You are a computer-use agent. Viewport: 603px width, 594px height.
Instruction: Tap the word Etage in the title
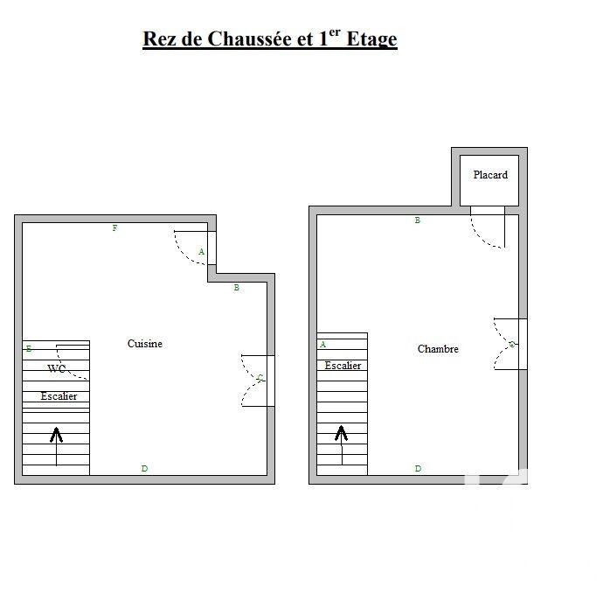(372, 39)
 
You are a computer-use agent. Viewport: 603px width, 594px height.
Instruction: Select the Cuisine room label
(145, 344)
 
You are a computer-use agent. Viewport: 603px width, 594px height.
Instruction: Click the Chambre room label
(438, 349)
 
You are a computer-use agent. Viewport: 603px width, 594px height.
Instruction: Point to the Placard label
(490, 175)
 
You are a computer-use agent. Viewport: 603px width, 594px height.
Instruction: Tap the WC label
(57, 369)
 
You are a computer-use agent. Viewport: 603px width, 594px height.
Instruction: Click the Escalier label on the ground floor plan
(59, 396)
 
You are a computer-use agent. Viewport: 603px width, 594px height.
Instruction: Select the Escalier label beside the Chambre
(343, 366)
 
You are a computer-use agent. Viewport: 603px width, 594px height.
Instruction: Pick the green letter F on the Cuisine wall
(114, 228)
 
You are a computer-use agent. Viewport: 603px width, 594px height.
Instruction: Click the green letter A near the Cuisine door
(201, 252)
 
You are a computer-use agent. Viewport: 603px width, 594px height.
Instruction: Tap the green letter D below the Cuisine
(144, 469)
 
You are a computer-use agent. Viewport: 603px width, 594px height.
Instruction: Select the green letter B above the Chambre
(418, 220)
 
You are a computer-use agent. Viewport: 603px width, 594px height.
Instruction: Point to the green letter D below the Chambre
(418, 469)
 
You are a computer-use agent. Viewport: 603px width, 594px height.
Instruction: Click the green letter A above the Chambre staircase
(322, 345)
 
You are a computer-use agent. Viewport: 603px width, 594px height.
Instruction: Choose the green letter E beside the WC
(29, 349)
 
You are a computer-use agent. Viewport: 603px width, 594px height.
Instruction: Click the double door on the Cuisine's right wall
(257, 381)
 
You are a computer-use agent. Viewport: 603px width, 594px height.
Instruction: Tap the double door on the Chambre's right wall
(509, 345)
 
